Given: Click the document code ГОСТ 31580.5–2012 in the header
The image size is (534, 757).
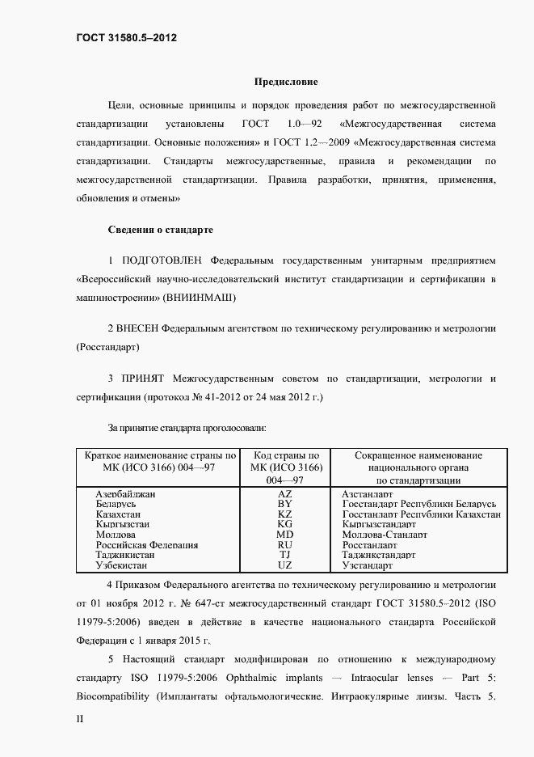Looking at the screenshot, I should click(x=127, y=38).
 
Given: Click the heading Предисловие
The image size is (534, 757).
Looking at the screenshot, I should click(x=286, y=82).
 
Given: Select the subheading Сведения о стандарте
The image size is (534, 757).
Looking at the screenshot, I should click(x=161, y=230).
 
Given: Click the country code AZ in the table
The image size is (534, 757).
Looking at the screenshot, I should click(x=284, y=493).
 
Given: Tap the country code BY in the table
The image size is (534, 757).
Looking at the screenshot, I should click(x=284, y=503).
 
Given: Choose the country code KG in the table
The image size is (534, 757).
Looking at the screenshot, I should click(x=284, y=524).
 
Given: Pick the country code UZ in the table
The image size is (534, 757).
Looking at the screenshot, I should click(x=284, y=566).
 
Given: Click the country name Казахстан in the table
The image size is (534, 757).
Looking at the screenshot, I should click(x=119, y=514).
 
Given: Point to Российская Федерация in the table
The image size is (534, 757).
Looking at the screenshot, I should click(x=147, y=545).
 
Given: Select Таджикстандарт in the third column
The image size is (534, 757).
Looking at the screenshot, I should click(x=379, y=556).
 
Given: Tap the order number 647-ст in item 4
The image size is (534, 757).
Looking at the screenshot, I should click(x=239, y=603).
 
